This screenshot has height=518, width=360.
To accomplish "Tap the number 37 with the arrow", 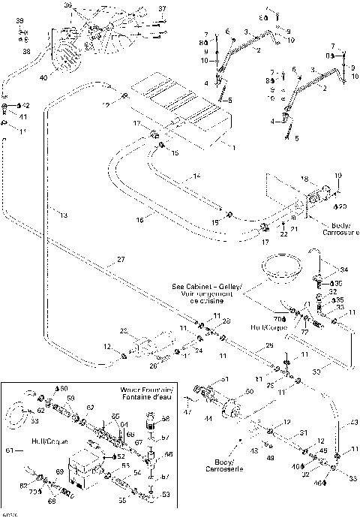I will point(162,9).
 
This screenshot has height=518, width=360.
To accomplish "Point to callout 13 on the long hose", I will point(64,215).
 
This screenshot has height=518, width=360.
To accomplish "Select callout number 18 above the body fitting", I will point(304,179).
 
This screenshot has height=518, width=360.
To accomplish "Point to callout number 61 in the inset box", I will point(8,451).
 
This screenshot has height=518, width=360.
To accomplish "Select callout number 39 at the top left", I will point(20,20).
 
